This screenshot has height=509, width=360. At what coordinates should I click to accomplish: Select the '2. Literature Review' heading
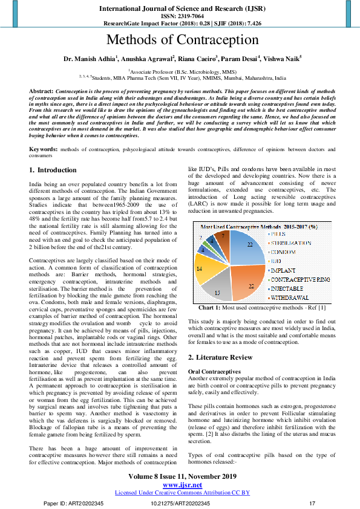coord(221,357)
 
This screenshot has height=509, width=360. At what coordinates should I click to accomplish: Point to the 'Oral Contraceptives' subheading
coord(215,371)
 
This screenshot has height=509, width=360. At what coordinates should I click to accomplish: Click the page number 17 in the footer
coord(312,504)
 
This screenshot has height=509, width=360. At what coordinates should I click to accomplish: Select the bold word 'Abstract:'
coord(42,90)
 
